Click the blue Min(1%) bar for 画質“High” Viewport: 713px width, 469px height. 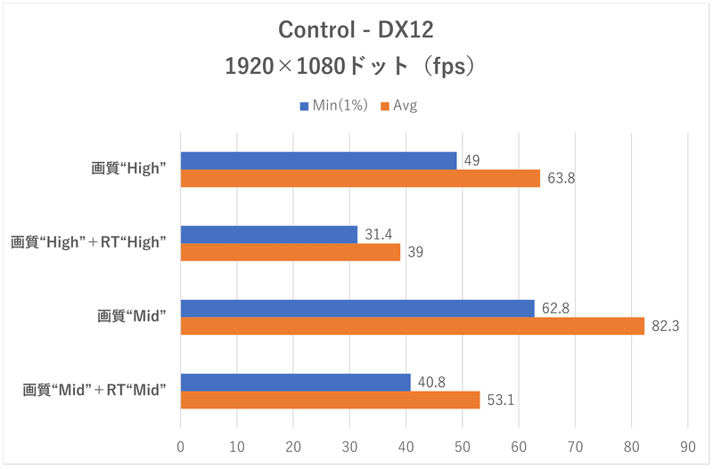click(318, 160)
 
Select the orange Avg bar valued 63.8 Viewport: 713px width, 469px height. click(360, 179)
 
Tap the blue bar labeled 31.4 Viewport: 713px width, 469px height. click(268, 234)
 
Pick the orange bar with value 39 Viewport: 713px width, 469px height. click(291, 253)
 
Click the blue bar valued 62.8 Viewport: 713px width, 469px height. click(357, 308)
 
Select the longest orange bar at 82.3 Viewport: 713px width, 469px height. click(412, 327)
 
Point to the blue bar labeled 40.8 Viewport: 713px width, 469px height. click(295, 383)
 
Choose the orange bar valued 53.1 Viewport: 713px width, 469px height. click(330, 400)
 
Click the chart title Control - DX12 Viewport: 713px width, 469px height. click(356, 30)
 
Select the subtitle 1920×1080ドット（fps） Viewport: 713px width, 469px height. click(356, 66)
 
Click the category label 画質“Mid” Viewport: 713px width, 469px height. click(133, 317)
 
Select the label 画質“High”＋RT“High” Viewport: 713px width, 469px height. click(89, 243)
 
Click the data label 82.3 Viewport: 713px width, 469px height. click(665, 327)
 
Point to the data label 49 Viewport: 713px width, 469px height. click(472, 160)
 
